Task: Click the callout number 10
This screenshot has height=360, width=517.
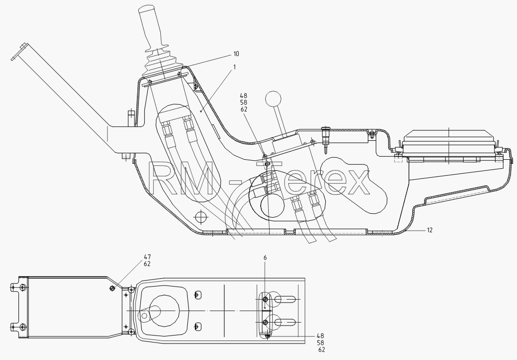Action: (x=236, y=54)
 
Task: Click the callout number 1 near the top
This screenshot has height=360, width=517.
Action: (x=234, y=67)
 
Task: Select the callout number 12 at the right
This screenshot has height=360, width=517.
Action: (x=429, y=230)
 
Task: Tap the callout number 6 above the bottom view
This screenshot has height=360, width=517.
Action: (x=265, y=258)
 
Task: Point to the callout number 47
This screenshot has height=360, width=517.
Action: (x=147, y=257)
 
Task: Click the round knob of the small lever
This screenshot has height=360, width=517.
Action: (x=273, y=98)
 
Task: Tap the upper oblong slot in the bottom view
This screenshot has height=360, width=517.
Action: (x=285, y=300)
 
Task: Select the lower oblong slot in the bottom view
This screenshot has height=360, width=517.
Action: (x=285, y=322)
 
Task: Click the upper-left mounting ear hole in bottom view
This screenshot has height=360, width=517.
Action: (x=22, y=288)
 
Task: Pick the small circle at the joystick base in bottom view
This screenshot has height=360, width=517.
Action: (x=144, y=316)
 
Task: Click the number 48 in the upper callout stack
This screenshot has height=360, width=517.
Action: (x=244, y=96)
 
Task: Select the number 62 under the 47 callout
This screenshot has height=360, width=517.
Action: (x=147, y=264)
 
